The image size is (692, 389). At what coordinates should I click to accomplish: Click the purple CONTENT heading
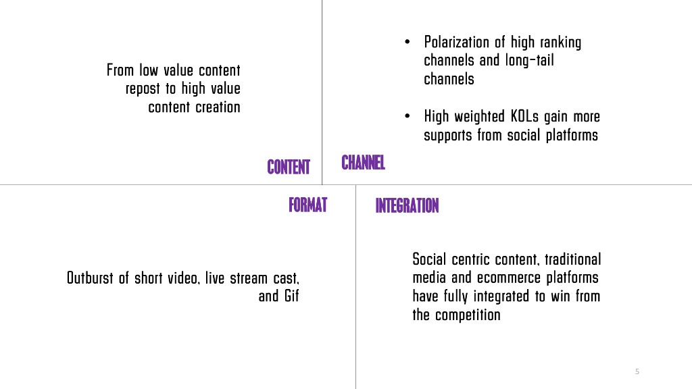[x=289, y=167]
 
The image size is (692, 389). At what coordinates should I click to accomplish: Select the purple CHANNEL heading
[x=363, y=163]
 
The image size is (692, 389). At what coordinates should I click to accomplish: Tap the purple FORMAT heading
[x=307, y=205]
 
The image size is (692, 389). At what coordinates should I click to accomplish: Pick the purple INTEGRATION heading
[x=407, y=205]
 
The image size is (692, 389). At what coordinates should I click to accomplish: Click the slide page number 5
[x=637, y=371]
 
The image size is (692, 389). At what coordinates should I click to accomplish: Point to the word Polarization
[x=464, y=43]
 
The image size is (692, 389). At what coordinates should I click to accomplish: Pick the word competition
[x=468, y=315]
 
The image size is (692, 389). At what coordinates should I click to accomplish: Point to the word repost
[x=143, y=88]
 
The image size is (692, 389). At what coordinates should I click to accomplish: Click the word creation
[x=218, y=107]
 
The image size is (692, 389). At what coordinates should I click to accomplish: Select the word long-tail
[x=529, y=61]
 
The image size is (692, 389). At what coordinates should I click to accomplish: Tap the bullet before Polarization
[x=407, y=43]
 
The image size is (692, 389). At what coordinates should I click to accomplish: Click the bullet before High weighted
[x=407, y=117]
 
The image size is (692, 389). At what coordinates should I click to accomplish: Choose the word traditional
[x=573, y=259]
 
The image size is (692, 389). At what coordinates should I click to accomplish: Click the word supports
[x=448, y=135]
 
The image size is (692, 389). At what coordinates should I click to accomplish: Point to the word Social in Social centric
[x=430, y=259]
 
